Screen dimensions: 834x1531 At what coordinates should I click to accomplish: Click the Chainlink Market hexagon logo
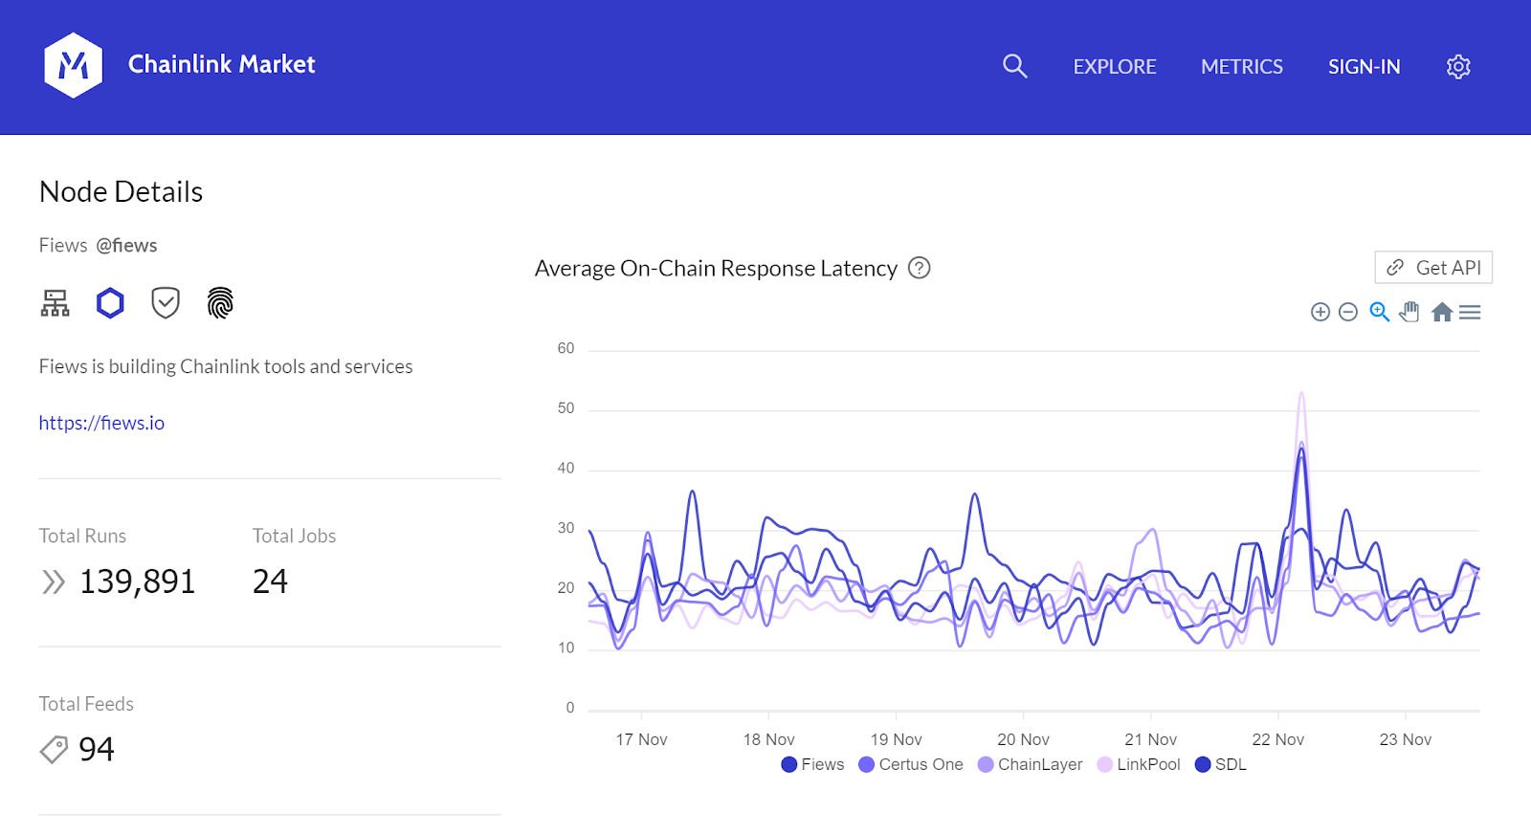coord(73,65)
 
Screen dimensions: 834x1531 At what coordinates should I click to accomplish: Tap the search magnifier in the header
coord(1014,66)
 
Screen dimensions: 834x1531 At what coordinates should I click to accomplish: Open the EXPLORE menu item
coord(1115,67)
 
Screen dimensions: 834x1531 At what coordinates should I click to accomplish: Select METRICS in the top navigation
coord(1242,67)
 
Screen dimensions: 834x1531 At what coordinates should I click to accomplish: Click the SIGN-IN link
coord(1364,67)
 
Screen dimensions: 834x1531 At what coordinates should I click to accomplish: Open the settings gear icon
coord(1458,67)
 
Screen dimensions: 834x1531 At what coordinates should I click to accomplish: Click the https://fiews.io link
coord(101,423)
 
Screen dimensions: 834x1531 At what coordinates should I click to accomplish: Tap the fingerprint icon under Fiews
coord(220,303)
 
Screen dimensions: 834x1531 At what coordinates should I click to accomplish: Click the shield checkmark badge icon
coord(166,303)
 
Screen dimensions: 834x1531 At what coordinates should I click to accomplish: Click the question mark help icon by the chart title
coord(919,268)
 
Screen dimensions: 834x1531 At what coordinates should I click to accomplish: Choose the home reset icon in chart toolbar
coord(1442,312)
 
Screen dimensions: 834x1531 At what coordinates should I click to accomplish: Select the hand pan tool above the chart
coord(1409,312)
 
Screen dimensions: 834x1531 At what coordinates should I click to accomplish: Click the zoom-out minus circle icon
coord(1348,312)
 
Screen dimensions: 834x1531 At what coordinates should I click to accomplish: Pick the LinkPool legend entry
coord(1139,764)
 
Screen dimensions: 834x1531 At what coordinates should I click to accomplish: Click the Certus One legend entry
coord(911,764)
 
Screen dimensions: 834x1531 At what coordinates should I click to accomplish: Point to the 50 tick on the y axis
coord(566,408)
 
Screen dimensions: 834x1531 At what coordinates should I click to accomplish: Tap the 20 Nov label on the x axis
coord(1023,739)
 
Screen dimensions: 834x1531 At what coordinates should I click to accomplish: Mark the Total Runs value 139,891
coord(138,582)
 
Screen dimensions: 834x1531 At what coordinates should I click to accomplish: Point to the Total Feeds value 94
coord(97,749)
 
